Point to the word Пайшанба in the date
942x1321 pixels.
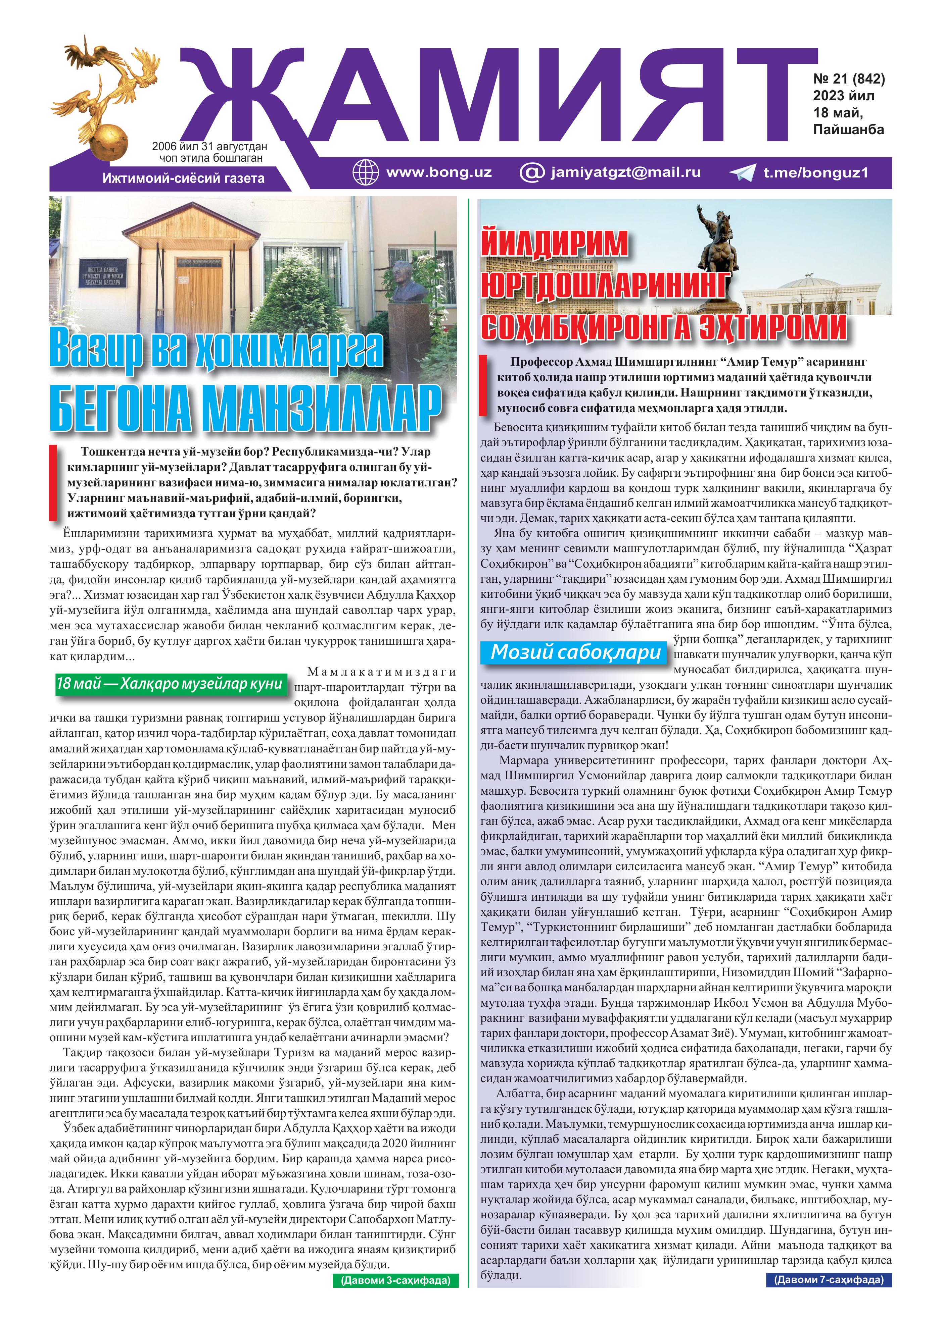pyautogui.click(x=849, y=129)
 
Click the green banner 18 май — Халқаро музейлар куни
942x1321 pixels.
pyautogui.click(x=170, y=683)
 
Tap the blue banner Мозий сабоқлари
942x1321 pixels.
pyautogui.click(x=575, y=652)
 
